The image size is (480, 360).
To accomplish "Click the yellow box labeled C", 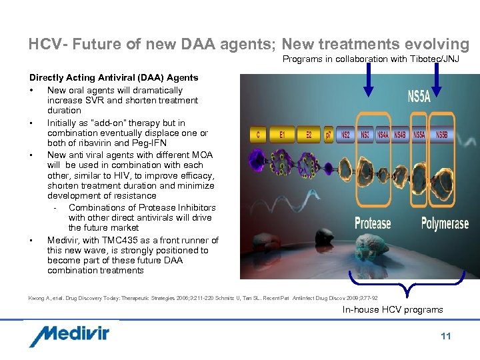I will pyautogui.click(x=257, y=135).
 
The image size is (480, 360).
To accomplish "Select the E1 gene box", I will pyautogui.click(x=283, y=135).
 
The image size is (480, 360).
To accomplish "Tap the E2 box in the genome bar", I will pyautogui.click(x=309, y=135).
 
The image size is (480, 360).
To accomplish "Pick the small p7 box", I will pyautogui.click(x=329, y=135).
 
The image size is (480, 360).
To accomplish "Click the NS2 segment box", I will pyautogui.click(x=345, y=135).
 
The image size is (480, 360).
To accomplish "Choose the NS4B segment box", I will pyautogui.click(x=400, y=135).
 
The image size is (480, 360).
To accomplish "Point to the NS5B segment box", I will pyautogui.click(x=441, y=135).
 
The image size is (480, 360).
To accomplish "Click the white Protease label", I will pyautogui.click(x=373, y=223).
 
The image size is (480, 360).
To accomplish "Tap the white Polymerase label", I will pyautogui.click(x=445, y=223).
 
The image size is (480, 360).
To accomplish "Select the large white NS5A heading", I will pyautogui.click(x=419, y=97).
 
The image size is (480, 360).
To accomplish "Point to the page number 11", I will pyautogui.click(x=445, y=336).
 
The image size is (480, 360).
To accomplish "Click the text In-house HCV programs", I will pyautogui.click(x=393, y=309).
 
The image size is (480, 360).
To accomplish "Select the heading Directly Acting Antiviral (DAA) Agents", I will pyautogui.click(x=113, y=78).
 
